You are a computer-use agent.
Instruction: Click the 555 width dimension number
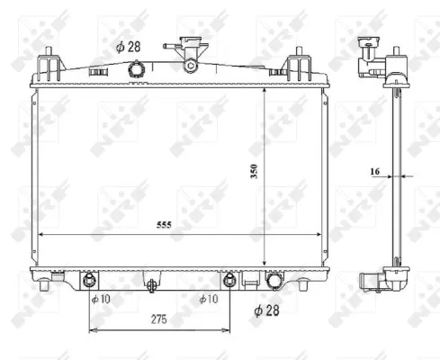163,225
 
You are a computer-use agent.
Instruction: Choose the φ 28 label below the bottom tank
269,310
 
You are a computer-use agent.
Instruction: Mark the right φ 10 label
208,299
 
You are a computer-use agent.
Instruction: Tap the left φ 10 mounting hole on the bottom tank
90,278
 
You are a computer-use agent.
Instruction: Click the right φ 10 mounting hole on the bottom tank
229,278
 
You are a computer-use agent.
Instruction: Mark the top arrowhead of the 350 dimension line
264,92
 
